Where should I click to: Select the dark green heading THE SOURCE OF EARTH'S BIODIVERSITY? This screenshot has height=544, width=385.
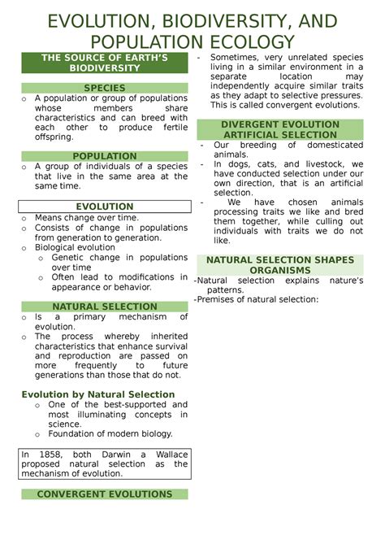104,63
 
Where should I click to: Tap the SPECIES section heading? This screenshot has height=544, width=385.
104,87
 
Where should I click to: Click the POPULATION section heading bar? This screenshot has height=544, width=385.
104,156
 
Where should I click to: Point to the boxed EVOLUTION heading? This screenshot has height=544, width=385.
104,207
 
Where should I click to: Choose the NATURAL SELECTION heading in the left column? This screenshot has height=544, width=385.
104,306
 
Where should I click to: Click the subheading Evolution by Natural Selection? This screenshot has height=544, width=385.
98,394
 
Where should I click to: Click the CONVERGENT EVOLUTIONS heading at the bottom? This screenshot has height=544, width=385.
104,494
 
